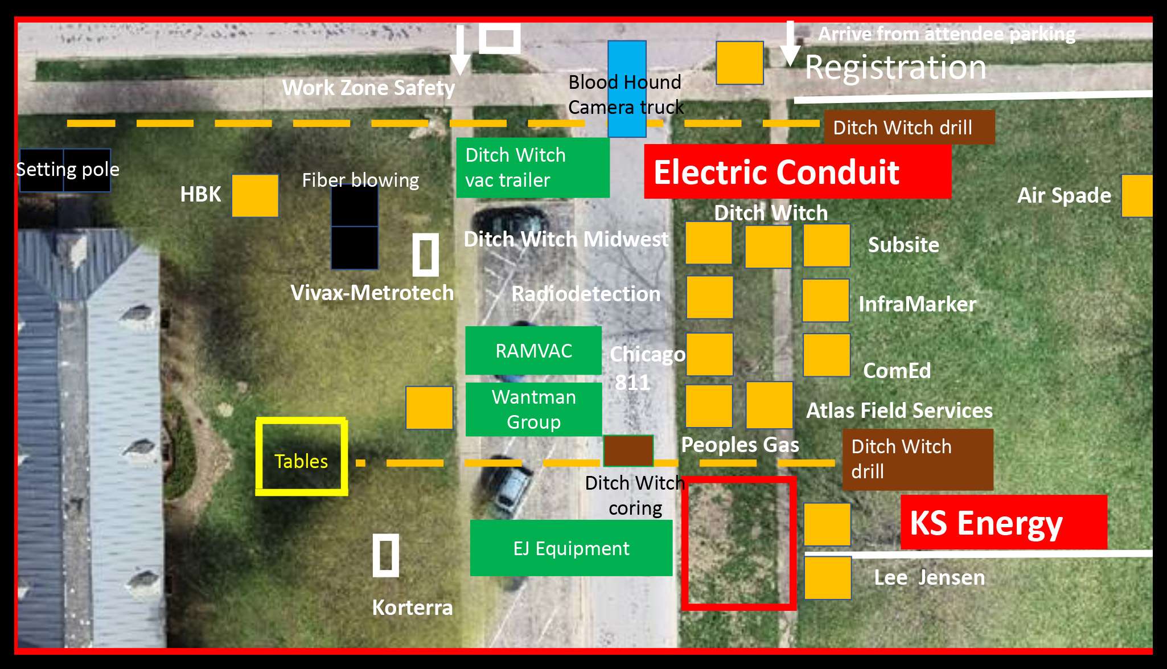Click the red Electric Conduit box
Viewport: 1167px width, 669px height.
tap(797, 171)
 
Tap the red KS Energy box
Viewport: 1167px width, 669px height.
tap(1004, 522)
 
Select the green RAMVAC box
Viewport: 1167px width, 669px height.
tap(533, 351)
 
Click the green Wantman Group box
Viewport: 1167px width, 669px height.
tap(533, 409)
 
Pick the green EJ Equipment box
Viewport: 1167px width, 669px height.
tap(571, 548)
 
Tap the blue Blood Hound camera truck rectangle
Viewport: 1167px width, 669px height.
tap(627, 89)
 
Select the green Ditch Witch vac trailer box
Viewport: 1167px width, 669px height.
tap(533, 167)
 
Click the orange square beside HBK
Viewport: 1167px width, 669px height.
tap(255, 195)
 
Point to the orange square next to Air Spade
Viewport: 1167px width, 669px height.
tap(1137, 196)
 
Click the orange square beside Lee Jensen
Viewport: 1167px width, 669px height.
tap(828, 578)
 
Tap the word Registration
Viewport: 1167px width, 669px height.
tap(895, 67)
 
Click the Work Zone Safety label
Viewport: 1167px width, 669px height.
tap(368, 88)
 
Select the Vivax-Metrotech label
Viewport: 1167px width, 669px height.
tap(372, 293)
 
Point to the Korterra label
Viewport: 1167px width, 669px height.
tap(412, 608)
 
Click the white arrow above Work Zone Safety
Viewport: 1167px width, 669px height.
tap(461, 50)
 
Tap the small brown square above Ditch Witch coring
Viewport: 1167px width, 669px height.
tap(628, 451)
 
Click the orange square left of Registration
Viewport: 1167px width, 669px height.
tap(739, 63)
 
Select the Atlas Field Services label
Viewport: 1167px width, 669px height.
tap(899, 411)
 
